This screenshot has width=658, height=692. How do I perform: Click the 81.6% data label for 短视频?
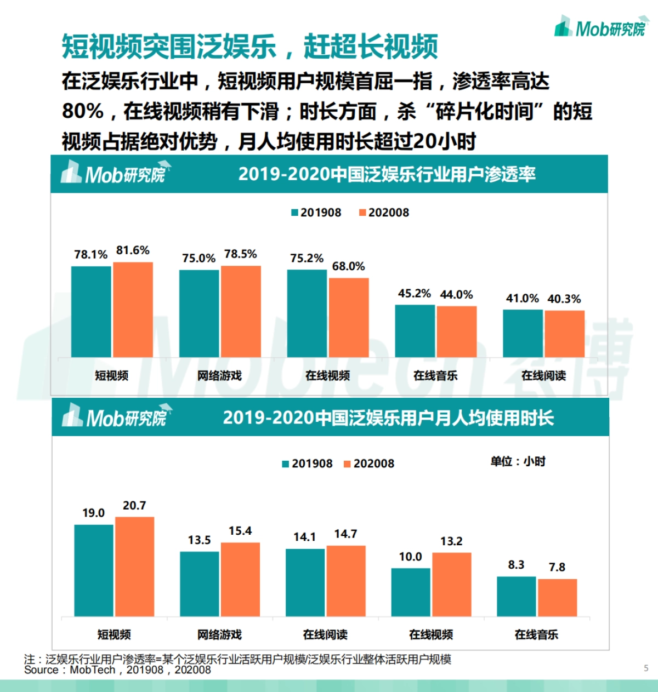tap(133, 250)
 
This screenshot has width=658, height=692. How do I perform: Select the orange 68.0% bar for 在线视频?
tap(349, 318)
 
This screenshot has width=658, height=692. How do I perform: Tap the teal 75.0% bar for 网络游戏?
tap(199, 313)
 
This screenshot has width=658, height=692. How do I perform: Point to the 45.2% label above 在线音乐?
tap(414, 294)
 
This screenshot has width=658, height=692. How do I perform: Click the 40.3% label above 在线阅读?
tap(564, 299)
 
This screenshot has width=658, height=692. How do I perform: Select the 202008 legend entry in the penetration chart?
tap(384, 213)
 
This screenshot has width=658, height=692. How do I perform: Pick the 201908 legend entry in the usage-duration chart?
tap(307, 464)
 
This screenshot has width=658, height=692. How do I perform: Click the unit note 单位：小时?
tap(518, 462)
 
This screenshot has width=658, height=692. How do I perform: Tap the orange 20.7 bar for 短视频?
tap(135, 567)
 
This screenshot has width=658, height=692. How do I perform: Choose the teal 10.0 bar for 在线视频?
tap(411, 592)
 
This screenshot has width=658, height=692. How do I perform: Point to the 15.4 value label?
tap(240, 531)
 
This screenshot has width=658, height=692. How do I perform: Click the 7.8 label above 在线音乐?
tap(557, 568)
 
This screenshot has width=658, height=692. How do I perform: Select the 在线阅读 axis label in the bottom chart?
tap(325, 634)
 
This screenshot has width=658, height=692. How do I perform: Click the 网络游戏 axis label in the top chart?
tap(219, 376)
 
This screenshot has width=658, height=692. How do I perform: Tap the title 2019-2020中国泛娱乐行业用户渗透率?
tap(387, 174)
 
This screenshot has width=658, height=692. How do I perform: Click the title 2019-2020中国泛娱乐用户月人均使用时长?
tap(388, 418)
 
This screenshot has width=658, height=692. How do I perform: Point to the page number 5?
tap(646, 668)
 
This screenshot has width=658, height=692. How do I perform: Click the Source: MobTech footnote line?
tap(117, 670)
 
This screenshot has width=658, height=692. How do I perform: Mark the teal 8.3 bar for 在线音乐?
tap(516, 597)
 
